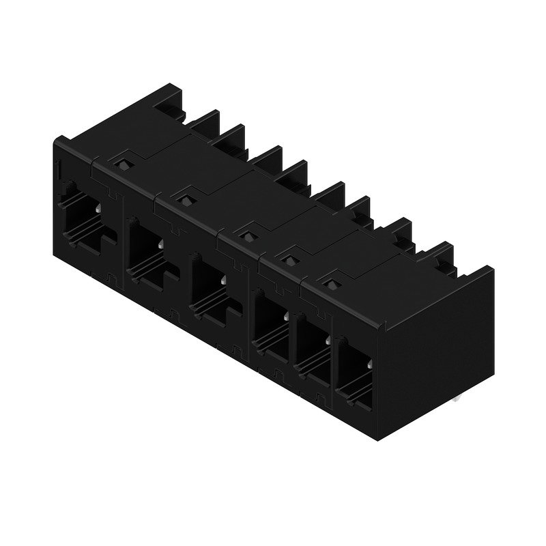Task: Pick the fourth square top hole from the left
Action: [289, 259]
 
